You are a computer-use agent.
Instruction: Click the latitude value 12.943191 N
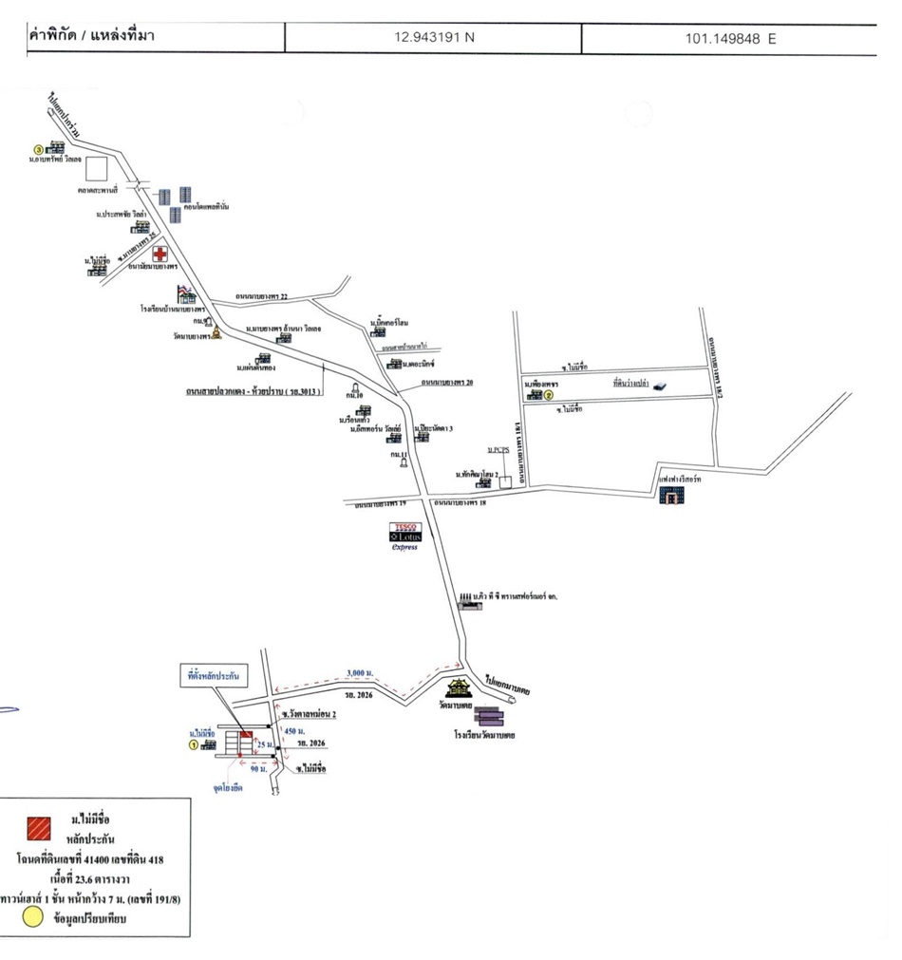434,38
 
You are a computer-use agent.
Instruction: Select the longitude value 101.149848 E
729,38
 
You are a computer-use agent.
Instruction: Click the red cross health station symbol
160,254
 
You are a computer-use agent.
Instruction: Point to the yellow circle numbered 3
39,149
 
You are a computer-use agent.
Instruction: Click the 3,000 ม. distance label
358,672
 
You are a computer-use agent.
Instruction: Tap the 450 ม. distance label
294,731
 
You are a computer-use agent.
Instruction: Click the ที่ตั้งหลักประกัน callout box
213,676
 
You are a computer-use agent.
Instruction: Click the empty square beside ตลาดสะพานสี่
97,169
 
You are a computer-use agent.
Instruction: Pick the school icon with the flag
186,295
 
